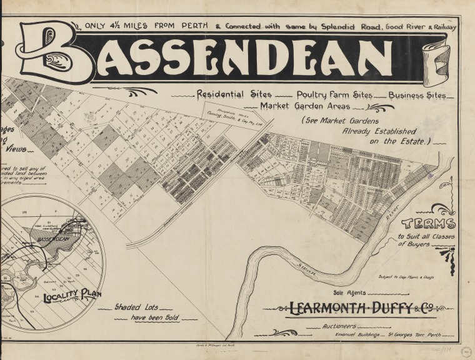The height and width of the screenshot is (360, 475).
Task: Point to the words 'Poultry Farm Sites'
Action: click(x=334, y=95)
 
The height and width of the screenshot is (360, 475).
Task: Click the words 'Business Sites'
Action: click(x=417, y=96)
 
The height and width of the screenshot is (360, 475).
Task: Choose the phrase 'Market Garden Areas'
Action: click(x=298, y=106)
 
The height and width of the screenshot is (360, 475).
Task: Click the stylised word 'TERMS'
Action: click(x=428, y=224)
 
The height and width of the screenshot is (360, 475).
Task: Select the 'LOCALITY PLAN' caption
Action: click(x=72, y=295)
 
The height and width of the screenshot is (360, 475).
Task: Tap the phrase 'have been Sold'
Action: click(x=154, y=317)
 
